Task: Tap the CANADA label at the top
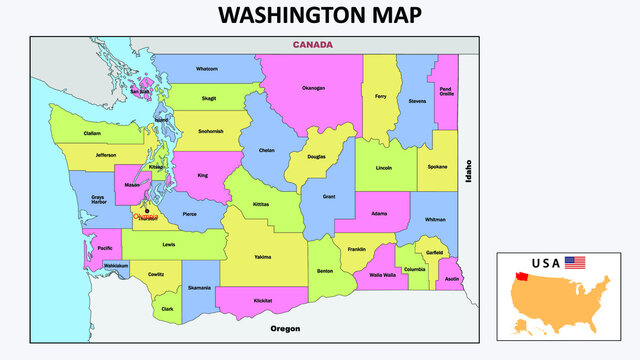(x=312, y=45)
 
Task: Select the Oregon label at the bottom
(x=286, y=328)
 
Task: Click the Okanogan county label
(x=313, y=88)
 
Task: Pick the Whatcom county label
(x=207, y=69)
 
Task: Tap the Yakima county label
(x=262, y=257)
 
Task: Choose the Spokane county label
(x=438, y=166)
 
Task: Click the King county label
(x=203, y=175)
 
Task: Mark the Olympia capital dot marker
(x=146, y=210)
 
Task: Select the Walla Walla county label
(x=382, y=274)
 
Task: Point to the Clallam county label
(x=92, y=133)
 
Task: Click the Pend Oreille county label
(x=447, y=93)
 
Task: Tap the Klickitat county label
(x=263, y=300)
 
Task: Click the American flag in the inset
(x=575, y=262)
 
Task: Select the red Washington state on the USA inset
(x=521, y=277)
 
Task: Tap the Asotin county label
(x=451, y=279)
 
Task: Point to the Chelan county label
(x=266, y=150)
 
